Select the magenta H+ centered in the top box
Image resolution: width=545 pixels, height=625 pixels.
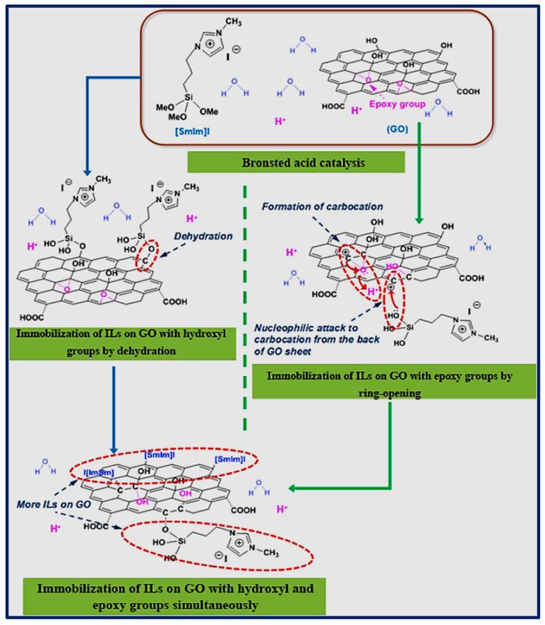(280, 122)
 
